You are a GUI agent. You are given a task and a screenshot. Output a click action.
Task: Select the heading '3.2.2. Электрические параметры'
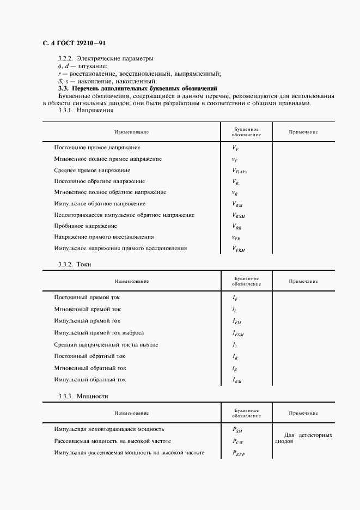point(106,58)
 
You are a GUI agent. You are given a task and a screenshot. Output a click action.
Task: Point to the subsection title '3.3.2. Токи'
point(75,264)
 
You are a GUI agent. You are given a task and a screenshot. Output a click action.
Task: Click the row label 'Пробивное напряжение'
point(86,226)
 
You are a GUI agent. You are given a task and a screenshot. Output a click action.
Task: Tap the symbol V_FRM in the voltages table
point(238,249)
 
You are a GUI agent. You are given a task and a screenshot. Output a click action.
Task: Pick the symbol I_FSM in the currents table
point(238,333)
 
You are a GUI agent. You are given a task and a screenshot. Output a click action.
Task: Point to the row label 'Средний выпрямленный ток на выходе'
point(106,345)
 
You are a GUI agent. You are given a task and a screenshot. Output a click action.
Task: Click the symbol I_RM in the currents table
point(237,380)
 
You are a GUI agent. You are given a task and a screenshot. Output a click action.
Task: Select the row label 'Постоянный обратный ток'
point(90,356)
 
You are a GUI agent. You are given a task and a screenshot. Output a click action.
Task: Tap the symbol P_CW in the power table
point(237,442)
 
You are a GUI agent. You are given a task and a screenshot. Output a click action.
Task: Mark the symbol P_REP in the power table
point(239,453)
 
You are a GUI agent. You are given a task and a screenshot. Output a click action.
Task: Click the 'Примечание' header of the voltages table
point(303,132)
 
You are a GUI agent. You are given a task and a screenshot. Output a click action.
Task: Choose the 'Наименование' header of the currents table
point(131,282)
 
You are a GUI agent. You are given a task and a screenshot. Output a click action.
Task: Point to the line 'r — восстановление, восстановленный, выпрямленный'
point(139,74)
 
